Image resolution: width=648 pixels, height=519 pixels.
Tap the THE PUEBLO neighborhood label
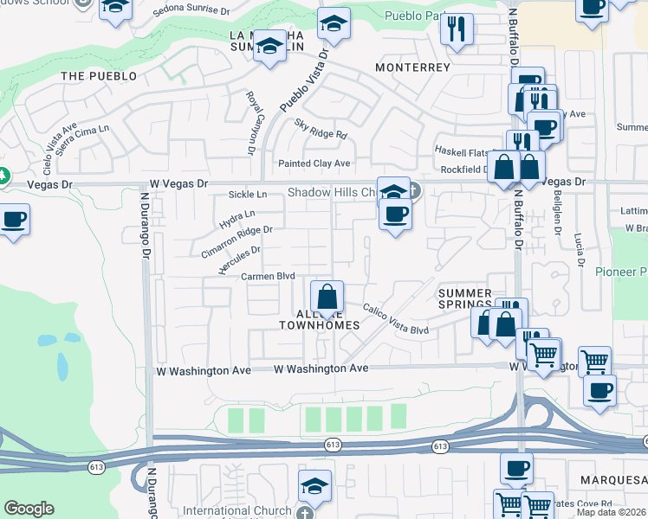(x=99, y=76)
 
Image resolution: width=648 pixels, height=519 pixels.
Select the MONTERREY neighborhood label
(x=413, y=67)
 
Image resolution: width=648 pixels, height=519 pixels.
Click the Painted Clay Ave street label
(x=314, y=163)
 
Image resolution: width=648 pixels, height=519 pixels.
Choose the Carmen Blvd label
(x=268, y=276)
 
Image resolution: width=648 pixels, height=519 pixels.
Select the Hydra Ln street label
(x=237, y=215)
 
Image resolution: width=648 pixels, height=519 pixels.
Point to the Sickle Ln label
(x=247, y=195)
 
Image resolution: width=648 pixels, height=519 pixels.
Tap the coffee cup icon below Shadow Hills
(x=395, y=214)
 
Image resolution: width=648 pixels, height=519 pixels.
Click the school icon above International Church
(x=314, y=487)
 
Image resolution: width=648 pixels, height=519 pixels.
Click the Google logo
(x=29, y=508)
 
